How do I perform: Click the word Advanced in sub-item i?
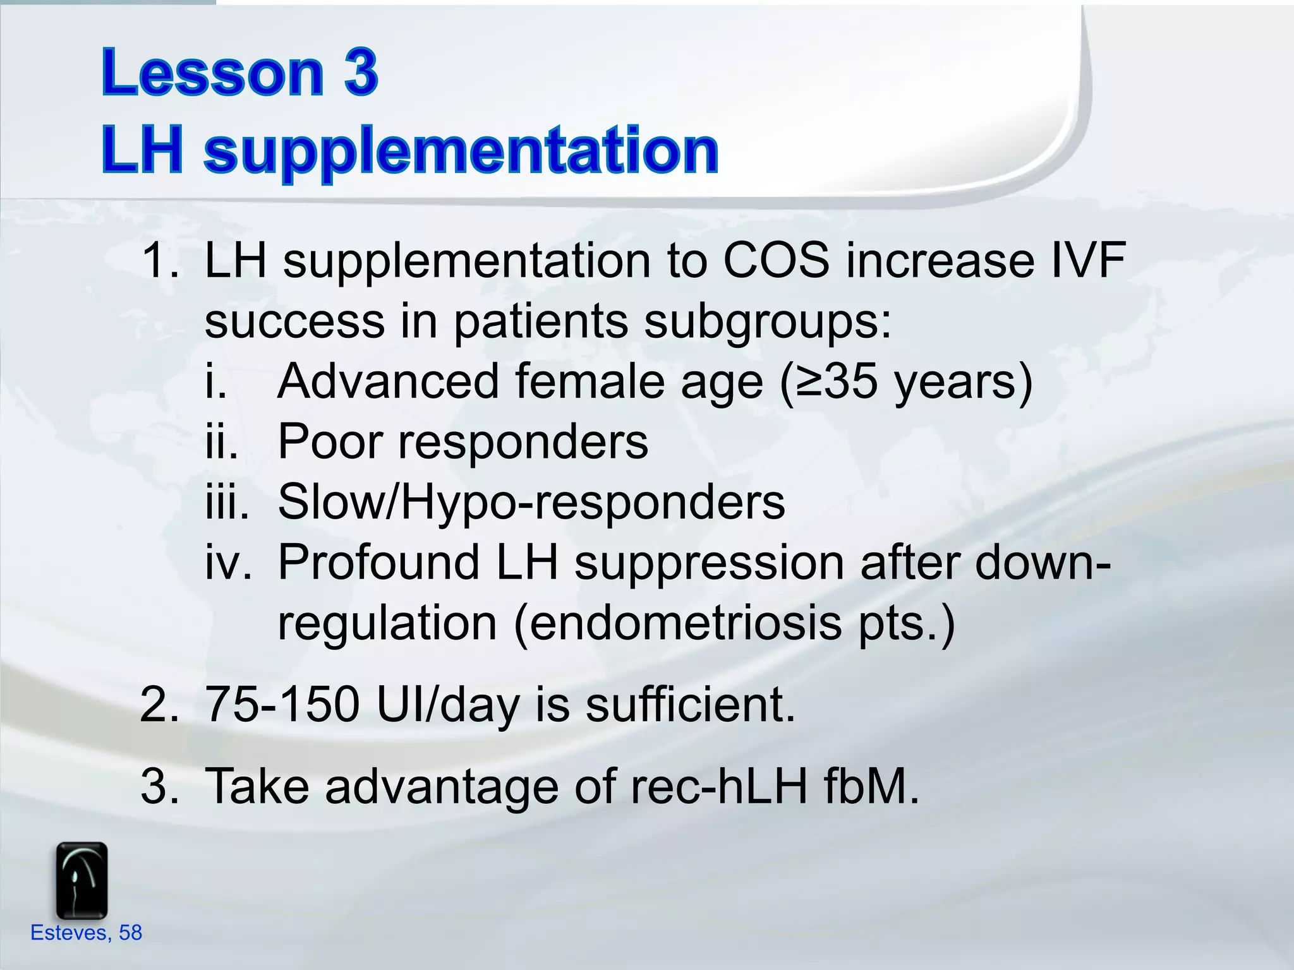coord(389,381)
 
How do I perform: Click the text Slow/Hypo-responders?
coord(531,502)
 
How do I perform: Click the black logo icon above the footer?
coord(82,880)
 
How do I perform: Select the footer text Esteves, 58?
coord(87,933)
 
